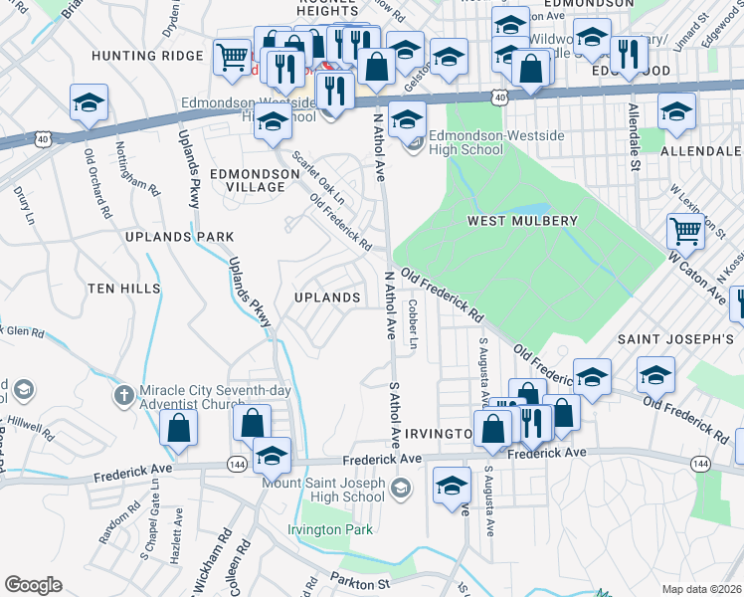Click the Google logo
tap(33, 585)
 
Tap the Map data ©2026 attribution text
tap(702, 589)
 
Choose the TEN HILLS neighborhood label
tap(123, 288)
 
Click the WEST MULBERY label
tap(522, 221)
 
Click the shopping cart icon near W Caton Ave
tap(685, 231)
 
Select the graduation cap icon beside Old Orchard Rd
tap(89, 102)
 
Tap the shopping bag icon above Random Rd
tap(178, 427)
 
